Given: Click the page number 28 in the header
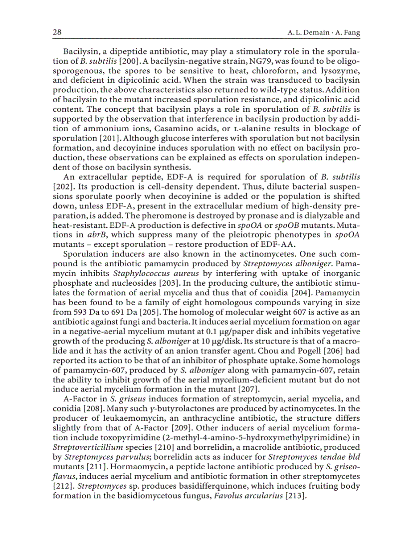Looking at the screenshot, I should tap(57, 32).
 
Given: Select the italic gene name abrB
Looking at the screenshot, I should tap(93, 233).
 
